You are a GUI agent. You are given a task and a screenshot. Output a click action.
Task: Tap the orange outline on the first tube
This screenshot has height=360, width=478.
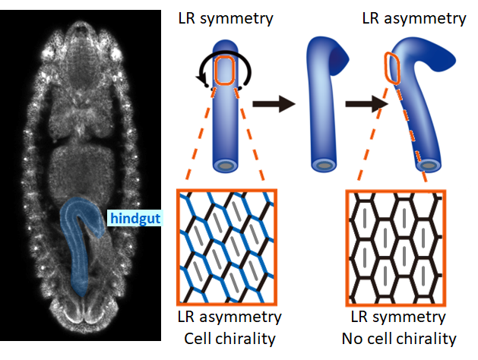(226, 71)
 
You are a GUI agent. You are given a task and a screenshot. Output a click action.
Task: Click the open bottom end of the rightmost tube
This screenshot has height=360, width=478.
(431, 163)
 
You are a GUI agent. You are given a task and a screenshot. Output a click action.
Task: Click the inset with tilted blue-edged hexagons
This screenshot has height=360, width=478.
(226, 245)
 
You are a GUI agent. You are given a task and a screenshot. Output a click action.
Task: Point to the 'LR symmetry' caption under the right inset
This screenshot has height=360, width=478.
(396, 316)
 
